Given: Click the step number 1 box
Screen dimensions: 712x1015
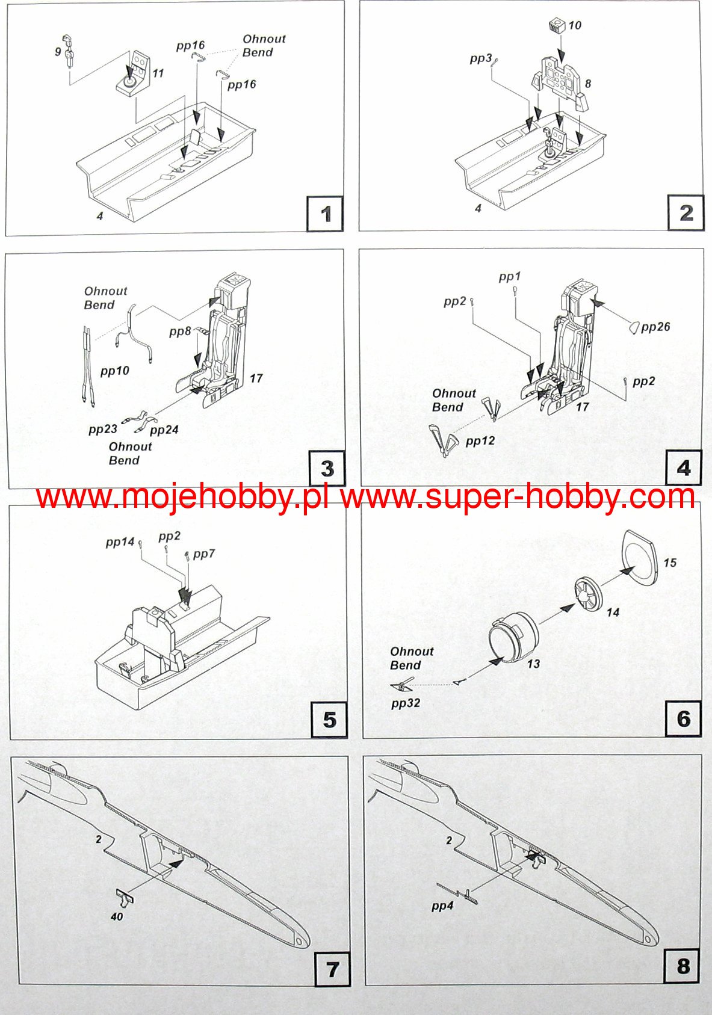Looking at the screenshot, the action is [325, 213].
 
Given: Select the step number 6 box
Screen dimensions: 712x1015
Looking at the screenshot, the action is [684, 718].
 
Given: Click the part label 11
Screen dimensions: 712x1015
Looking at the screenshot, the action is [158, 73].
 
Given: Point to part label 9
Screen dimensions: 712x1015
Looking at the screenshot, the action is [58, 52].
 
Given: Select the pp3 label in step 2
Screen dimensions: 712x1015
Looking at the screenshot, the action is [480, 58].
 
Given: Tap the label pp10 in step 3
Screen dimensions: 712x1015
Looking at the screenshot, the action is [115, 371].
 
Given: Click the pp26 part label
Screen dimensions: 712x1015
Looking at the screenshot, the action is [655, 327].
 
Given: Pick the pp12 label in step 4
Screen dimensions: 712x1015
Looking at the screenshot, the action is [480, 441].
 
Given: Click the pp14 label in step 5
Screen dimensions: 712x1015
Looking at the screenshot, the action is [120, 542].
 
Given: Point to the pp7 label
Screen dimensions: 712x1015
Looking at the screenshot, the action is [204, 554].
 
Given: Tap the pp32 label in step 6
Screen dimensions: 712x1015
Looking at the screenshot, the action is [406, 703].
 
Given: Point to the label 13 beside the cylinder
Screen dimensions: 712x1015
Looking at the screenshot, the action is [533, 664].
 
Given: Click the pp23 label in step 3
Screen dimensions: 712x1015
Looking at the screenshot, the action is [103, 429].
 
